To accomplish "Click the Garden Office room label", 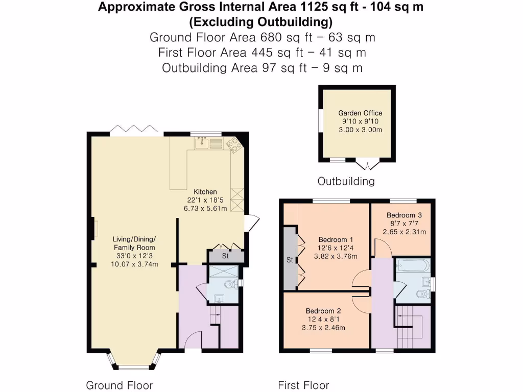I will pos(360,113).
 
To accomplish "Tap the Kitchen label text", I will pos(205,192).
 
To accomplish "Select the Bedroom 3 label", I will pos(404,215).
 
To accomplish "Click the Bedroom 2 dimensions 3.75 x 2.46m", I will pos(323,328).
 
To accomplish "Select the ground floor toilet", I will pos(231,284).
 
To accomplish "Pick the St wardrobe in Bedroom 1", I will pos(289,260).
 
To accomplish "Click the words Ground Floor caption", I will pos(119,385).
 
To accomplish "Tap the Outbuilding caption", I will pos(346,181).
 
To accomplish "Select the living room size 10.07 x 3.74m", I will pos(134,264).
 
